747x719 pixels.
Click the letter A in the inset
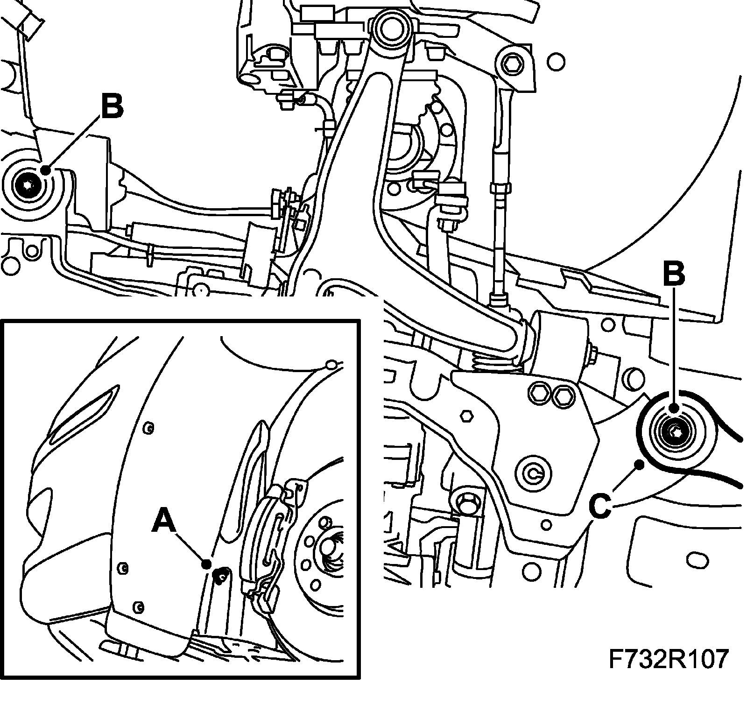pos(164,522)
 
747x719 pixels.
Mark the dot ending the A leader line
pos(206,564)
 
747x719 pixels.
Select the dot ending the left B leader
pos(45,170)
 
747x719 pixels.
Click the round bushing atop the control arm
pos(391,29)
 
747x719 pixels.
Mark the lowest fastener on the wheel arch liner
pos(138,607)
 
